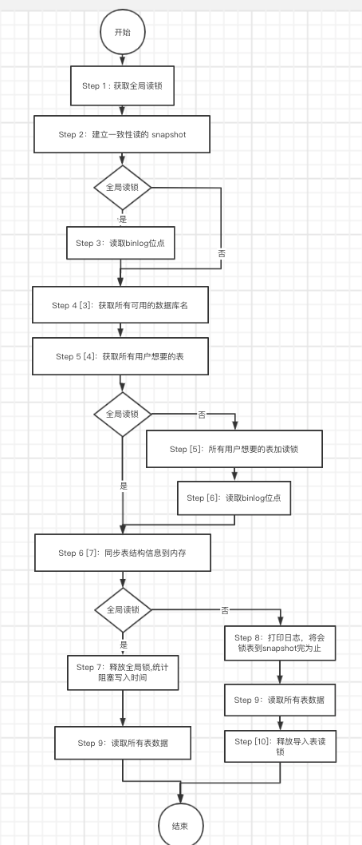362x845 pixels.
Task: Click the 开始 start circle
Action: [x=122, y=32]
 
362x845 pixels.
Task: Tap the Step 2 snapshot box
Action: [x=122, y=134]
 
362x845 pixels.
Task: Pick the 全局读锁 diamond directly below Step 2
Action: [x=122, y=188]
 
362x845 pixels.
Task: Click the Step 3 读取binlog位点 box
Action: [x=120, y=243]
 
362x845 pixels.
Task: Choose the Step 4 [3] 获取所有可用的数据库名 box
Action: [x=120, y=305]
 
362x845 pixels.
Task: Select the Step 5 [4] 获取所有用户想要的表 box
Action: [x=120, y=356]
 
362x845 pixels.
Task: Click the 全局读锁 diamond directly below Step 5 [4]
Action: [x=122, y=415]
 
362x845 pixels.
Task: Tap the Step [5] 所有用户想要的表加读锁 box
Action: [x=234, y=449]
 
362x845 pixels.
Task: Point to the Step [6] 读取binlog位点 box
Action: [x=234, y=498]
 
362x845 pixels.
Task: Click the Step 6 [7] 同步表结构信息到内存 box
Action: [x=122, y=553]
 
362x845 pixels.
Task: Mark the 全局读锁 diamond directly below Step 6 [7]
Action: [x=122, y=609]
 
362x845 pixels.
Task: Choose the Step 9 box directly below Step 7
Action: [x=122, y=743]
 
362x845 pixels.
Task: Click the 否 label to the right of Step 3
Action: [x=222, y=253]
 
